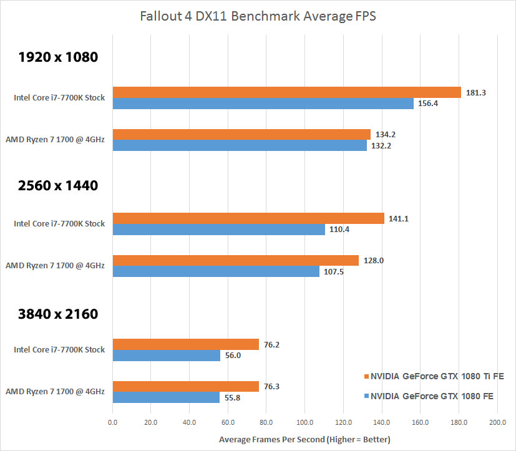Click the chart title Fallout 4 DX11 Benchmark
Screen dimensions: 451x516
[x=258, y=16]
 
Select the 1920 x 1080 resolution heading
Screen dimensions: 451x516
[x=58, y=58]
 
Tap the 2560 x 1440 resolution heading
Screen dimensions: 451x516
[x=58, y=185]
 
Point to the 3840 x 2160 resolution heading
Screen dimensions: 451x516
[x=58, y=313]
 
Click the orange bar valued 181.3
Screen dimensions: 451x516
[x=286, y=92]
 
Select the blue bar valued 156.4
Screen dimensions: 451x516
[x=263, y=104]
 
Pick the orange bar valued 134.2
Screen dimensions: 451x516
[x=241, y=134]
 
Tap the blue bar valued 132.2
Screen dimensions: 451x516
[x=240, y=145]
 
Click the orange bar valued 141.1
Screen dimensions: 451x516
[x=248, y=218]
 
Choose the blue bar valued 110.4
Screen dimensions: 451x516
[x=218, y=230]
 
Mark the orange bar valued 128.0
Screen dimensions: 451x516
[x=235, y=260]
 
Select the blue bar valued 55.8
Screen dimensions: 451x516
[x=166, y=397]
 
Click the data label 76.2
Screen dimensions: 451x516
[x=273, y=344]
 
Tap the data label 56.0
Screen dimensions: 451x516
[x=235, y=356]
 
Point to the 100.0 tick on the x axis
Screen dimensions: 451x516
[x=304, y=423]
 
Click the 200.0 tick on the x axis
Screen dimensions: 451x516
[x=497, y=423]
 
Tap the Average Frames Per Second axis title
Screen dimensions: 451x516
[x=304, y=440]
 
